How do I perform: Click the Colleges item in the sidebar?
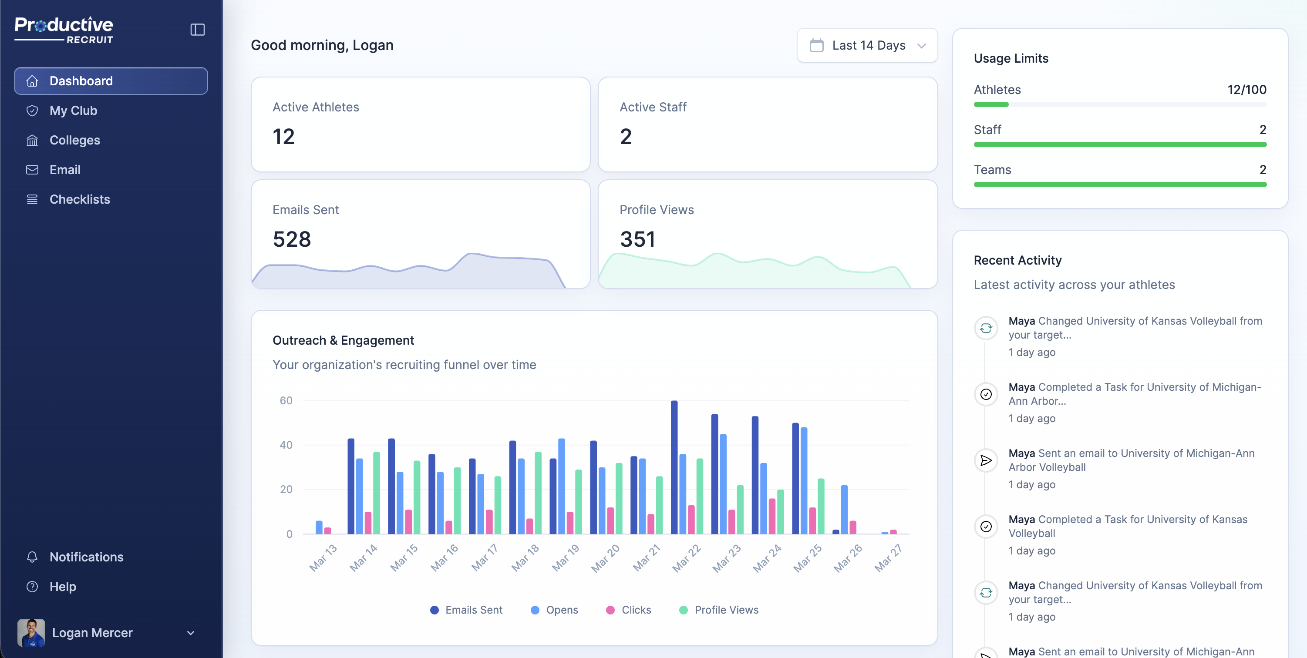click(x=74, y=140)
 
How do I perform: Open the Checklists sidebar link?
click(x=79, y=199)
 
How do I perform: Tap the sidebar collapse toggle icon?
click(x=197, y=30)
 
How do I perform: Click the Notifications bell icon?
click(x=32, y=557)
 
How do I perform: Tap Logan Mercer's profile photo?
click(x=31, y=632)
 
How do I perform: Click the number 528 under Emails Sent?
click(x=291, y=239)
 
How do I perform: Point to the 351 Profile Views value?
click(x=637, y=239)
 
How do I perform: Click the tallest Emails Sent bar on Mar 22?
click(x=674, y=467)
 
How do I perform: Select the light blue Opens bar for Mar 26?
click(x=844, y=509)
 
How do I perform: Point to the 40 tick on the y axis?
click(x=286, y=445)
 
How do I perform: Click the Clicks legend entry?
click(x=629, y=610)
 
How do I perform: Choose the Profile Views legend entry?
click(x=719, y=610)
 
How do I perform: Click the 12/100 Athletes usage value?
click(x=1246, y=90)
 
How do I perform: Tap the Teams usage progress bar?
click(x=1120, y=185)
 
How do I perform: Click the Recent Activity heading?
click(x=1017, y=260)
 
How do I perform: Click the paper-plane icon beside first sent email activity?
click(x=985, y=460)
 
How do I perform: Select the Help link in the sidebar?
click(x=62, y=587)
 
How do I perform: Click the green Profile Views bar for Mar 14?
click(x=377, y=492)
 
